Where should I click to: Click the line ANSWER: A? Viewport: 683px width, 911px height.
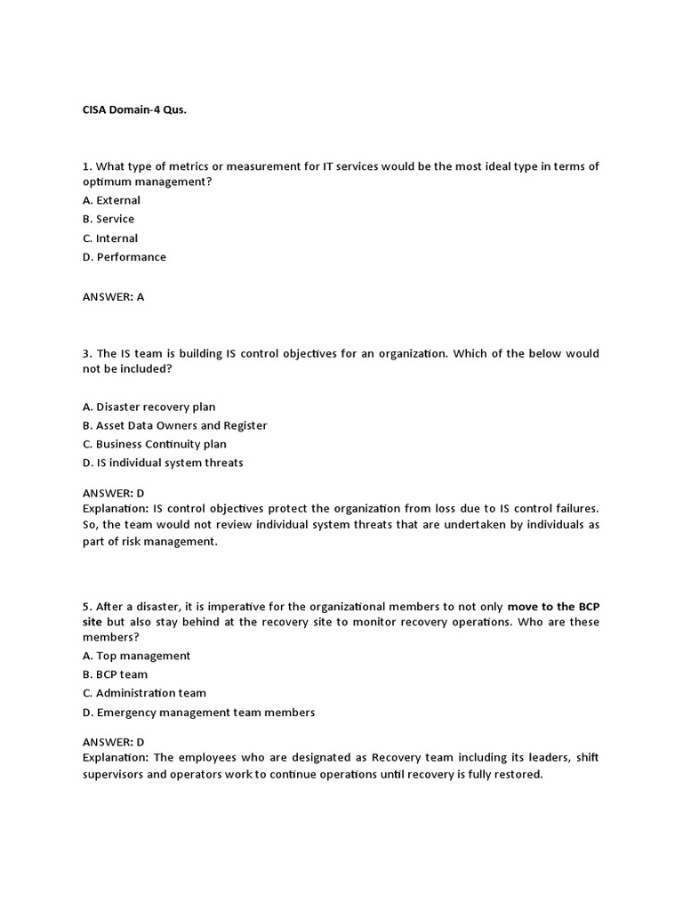(113, 297)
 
